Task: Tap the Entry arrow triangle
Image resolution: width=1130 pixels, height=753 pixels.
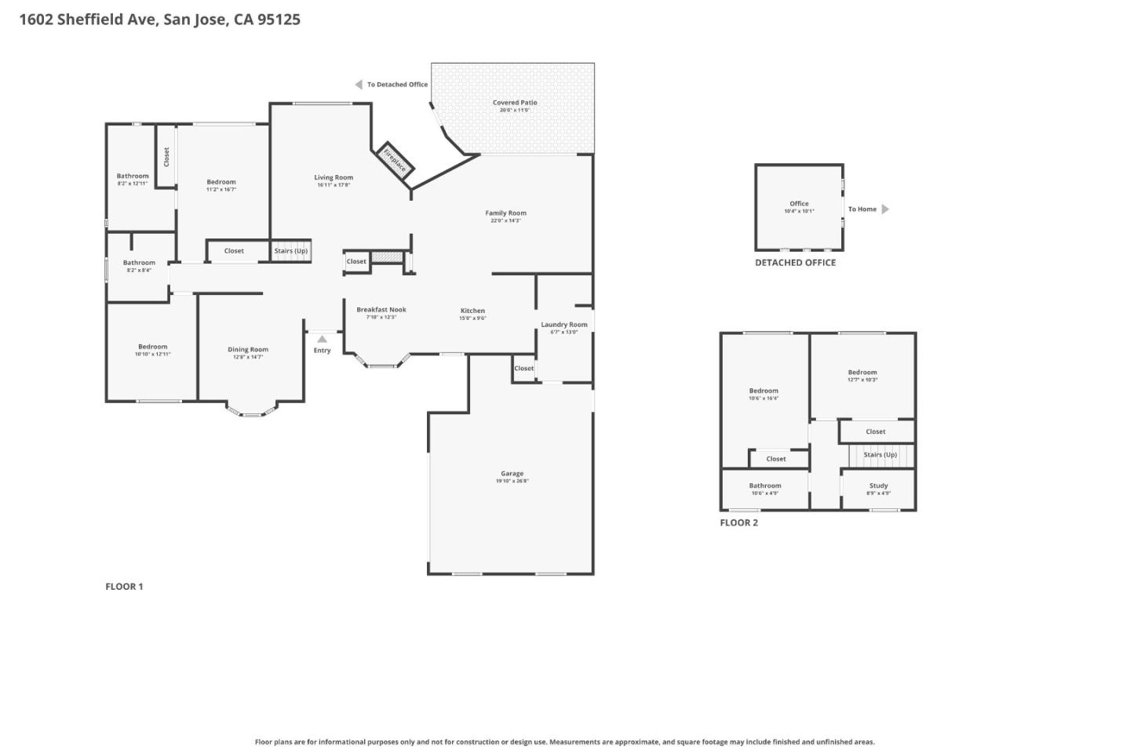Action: click(x=322, y=339)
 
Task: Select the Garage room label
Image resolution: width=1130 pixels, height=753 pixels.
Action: click(x=512, y=474)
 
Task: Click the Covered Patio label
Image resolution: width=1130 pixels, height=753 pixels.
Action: click(x=515, y=103)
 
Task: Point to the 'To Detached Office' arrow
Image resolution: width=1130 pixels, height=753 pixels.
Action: click(x=359, y=85)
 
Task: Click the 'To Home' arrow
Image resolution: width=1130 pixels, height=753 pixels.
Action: click(x=885, y=209)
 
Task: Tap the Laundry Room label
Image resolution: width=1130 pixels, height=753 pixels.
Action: click(x=563, y=325)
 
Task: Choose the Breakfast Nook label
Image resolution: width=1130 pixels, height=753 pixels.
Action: click(x=381, y=310)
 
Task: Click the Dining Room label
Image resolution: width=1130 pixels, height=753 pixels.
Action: click(x=248, y=350)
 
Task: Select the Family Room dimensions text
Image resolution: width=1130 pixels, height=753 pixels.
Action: click(x=505, y=221)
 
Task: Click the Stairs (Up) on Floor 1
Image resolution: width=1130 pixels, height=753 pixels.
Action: click(x=291, y=251)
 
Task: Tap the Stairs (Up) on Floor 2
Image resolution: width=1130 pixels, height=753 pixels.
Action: click(x=880, y=455)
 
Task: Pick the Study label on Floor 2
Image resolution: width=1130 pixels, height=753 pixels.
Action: click(x=878, y=486)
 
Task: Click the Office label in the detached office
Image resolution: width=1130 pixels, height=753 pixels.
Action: click(x=799, y=204)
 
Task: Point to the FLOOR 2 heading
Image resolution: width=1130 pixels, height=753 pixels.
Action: click(x=738, y=523)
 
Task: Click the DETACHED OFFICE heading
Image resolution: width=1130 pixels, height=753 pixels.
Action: click(x=795, y=263)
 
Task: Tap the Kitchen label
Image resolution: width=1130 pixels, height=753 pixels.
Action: click(x=472, y=311)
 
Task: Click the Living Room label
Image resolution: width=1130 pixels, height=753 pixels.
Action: click(x=334, y=178)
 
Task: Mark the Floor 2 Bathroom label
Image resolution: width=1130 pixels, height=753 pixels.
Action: click(x=764, y=486)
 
